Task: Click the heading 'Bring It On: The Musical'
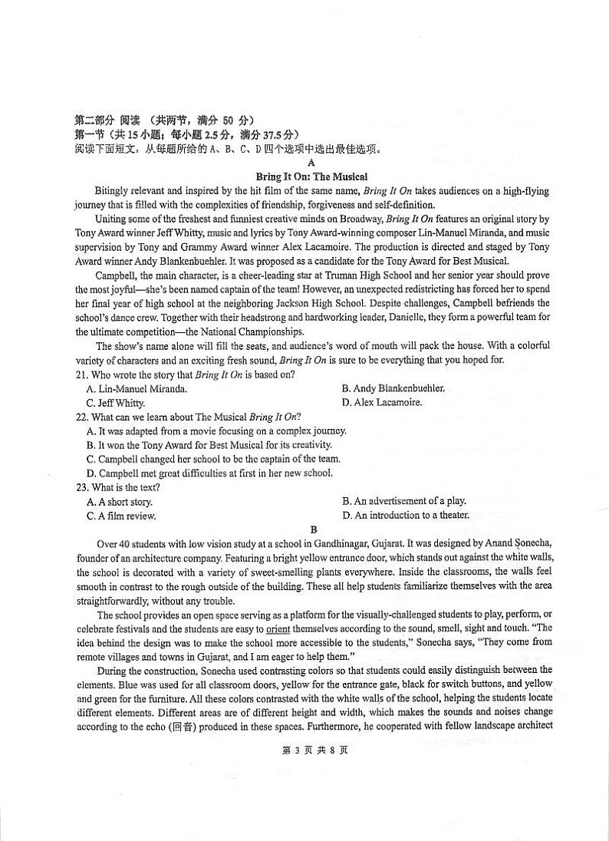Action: (311, 176)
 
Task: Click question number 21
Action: (82, 374)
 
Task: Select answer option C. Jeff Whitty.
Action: (116, 403)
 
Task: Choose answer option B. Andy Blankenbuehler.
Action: (393, 389)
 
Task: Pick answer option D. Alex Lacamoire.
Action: (382, 403)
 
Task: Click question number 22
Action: (82, 417)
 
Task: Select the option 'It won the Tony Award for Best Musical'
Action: (209, 445)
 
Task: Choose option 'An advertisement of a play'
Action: (403, 501)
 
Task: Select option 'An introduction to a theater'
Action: (405, 516)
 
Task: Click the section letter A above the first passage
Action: (311, 163)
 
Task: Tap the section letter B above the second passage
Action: (312, 529)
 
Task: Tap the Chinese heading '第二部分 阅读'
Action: (107, 120)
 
